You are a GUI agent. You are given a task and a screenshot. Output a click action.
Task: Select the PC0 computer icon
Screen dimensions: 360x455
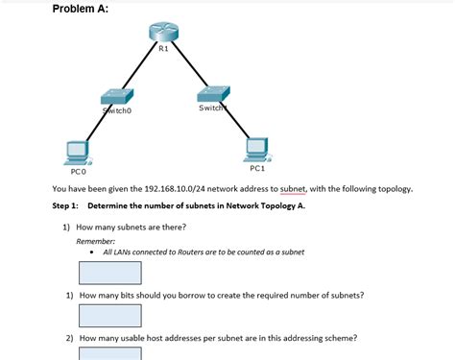click(x=77, y=153)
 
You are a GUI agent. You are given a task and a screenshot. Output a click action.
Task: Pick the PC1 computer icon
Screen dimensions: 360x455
click(x=256, y=148)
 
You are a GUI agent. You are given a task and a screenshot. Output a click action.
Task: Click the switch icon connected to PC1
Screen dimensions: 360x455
click(x=213, y=93)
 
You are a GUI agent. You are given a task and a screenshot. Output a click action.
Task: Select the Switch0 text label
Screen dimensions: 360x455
click(x=117, y=110)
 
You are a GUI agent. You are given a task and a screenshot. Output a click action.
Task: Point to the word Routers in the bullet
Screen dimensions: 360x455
click(x=191, y=252)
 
